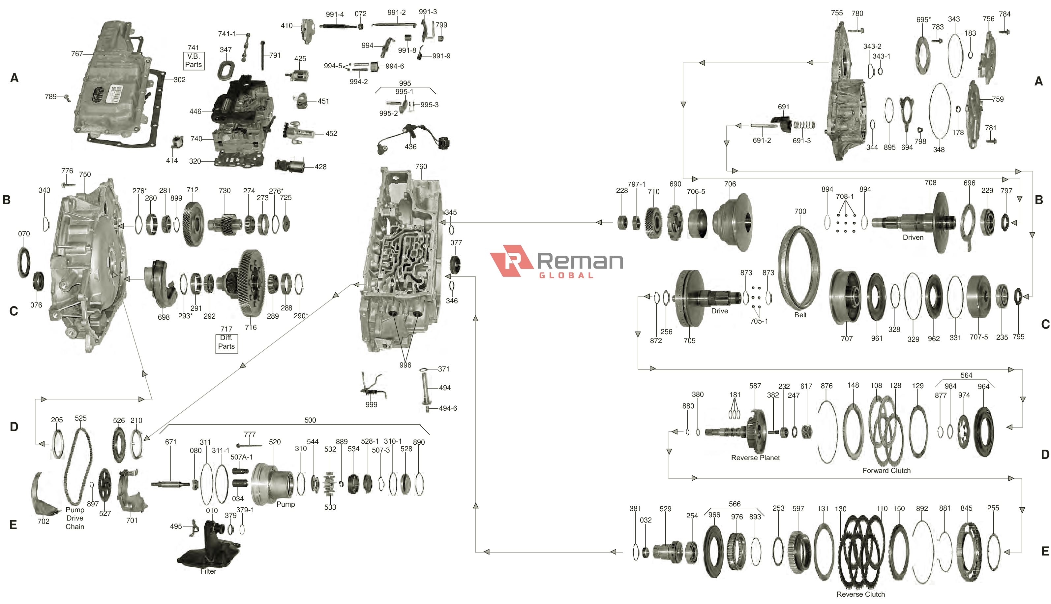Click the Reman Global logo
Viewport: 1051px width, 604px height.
point(556,261)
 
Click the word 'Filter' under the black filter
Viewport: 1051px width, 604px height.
point(208,571)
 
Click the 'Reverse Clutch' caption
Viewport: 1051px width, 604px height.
point(860,594)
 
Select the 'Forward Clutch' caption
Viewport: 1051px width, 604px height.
point(886,470)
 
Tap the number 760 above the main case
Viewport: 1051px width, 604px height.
point(421,166)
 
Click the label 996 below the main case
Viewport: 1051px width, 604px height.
point(405,365)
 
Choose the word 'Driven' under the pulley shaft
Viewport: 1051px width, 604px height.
point(913,237)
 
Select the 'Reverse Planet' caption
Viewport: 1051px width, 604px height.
point(755,458)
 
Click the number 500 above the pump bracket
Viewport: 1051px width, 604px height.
point(310,420)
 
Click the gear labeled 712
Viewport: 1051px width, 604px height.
point(193,224)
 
